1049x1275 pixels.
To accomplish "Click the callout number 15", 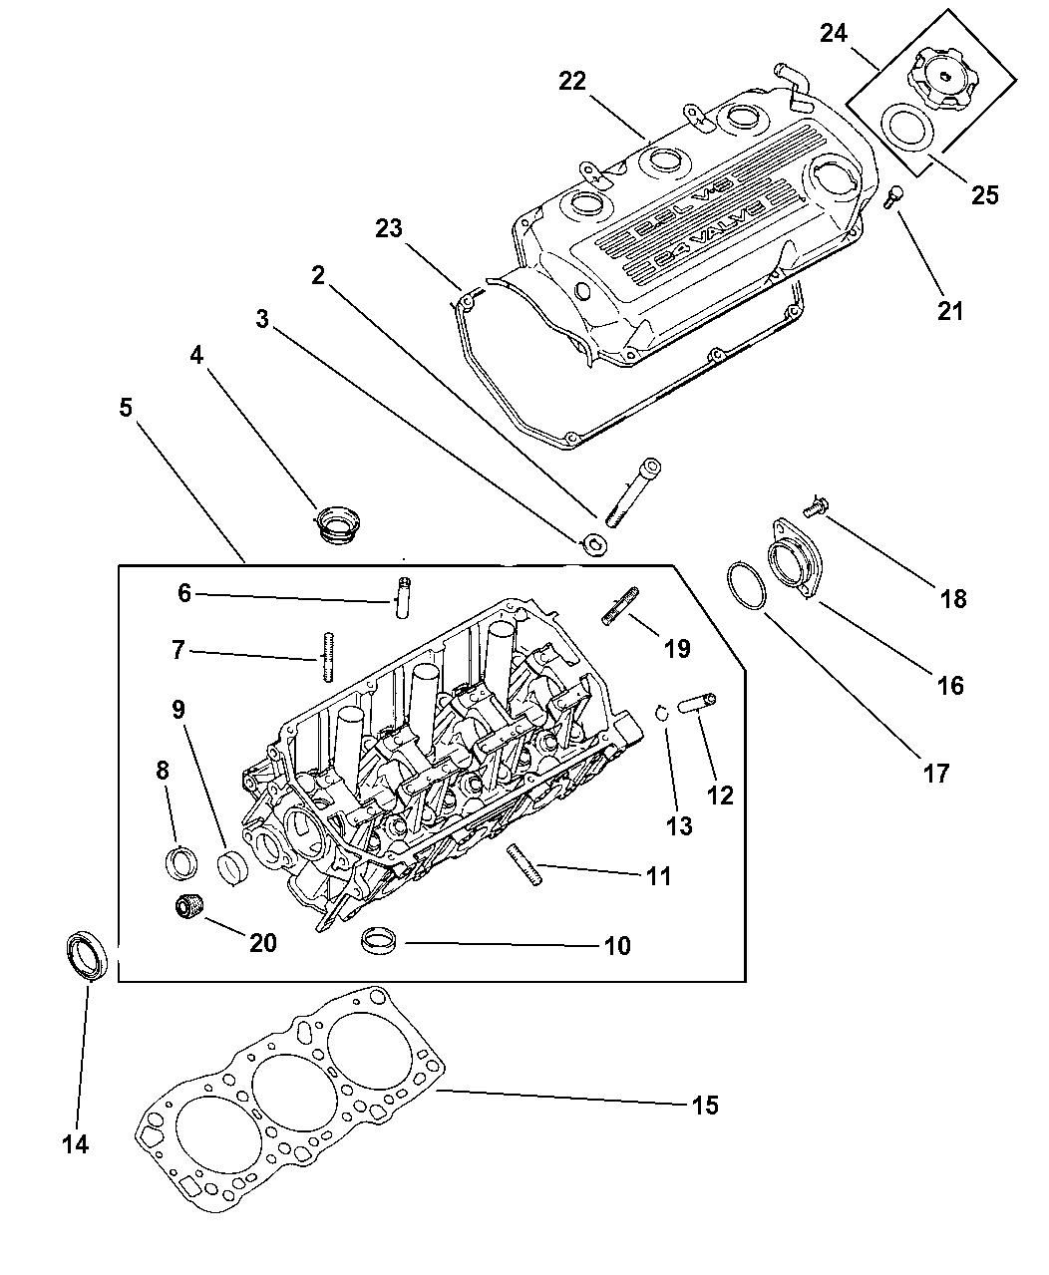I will pos(704,1106).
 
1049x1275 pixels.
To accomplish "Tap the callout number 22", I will pos(572,82).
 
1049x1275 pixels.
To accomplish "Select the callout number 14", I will pos(75,1144).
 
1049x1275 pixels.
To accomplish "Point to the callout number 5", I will pos(127,408).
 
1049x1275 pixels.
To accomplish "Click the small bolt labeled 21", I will pos(894,196).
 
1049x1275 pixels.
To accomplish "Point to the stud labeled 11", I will pos(524,864).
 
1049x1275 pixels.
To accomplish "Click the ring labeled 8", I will pos(179,861).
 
